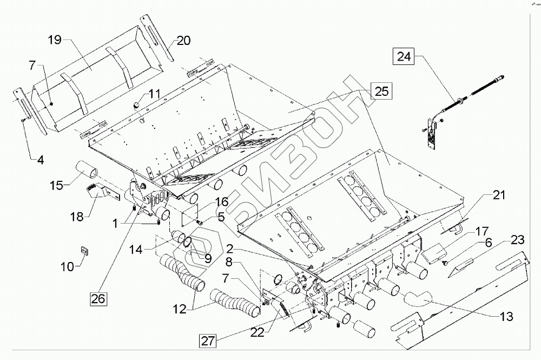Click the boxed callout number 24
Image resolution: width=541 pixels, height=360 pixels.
404,56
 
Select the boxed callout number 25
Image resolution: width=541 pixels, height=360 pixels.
381,91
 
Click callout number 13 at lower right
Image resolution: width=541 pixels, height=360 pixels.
506,317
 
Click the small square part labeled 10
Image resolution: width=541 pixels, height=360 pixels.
84,250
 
